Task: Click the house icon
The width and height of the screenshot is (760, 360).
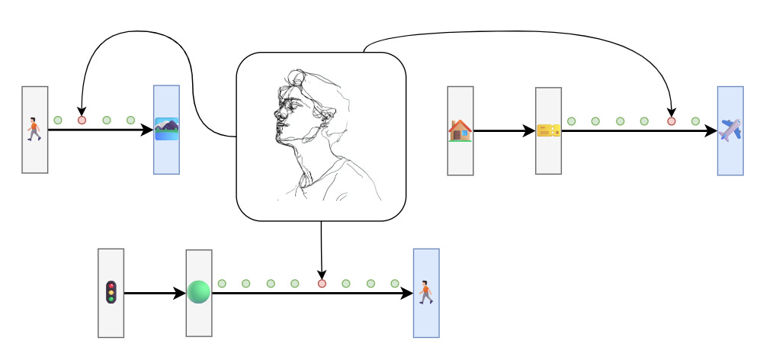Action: click(x=460, y=130)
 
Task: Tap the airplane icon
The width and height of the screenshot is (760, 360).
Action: click(x=730, y=130)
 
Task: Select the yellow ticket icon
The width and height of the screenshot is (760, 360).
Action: click(x=548, y=130)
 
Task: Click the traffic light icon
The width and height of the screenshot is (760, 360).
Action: click(x=111, y=292)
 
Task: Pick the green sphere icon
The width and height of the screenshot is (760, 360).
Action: click(x=198, y=292)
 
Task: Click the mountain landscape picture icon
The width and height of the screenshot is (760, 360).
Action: click(x=166, y=129)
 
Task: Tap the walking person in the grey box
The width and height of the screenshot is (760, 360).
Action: click(x=34, y=129)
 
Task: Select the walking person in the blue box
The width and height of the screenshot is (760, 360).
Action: click(x=426, y=292)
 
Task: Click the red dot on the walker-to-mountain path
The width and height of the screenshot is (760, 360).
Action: click(x=82, y=121)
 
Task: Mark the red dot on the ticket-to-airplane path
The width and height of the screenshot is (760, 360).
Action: click(x=672, y=121)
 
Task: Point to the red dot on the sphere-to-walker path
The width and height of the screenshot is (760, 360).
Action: click(x=322, y=284)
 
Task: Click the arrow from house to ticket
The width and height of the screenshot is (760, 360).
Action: click(x=503, y=130)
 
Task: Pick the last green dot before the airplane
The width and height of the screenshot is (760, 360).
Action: click(x=695, y=121)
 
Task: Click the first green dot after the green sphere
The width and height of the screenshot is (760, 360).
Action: click(x=222, y=284)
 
